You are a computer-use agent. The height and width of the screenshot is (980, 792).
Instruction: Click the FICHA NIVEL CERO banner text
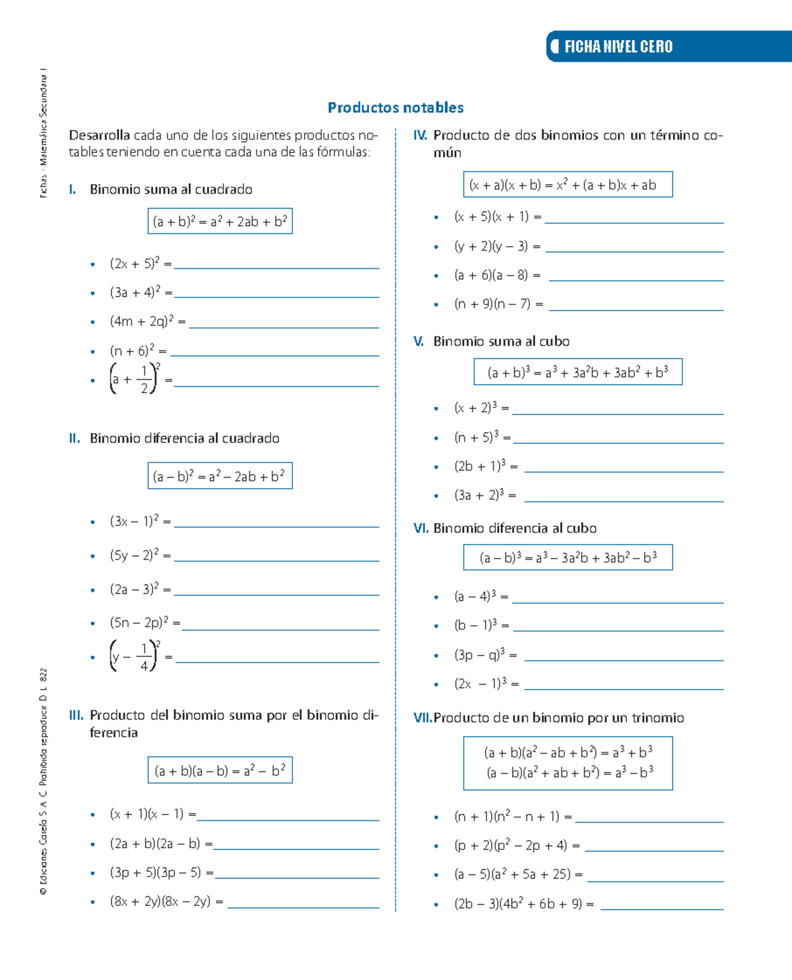(x=618, y=46)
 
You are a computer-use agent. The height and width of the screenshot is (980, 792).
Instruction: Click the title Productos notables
(x=395, y=107)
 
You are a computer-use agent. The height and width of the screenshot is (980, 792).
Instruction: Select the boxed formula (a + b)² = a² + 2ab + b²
(x=220, y=222)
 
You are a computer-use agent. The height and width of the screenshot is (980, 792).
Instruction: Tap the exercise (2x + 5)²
(x=135, y=264)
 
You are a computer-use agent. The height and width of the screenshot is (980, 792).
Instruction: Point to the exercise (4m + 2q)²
(x=141, y=322)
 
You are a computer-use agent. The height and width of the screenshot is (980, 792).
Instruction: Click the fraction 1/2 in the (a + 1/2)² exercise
(x=144, y=380)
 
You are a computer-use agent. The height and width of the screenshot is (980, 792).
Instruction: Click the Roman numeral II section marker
(x=75, y=439)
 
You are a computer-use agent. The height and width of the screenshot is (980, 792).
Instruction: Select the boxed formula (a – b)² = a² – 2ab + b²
(x=220, y=476)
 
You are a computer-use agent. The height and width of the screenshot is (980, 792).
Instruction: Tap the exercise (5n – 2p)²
(x=139, y=623)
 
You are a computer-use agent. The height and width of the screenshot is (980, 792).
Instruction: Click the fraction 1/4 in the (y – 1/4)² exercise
(x=144, y=657)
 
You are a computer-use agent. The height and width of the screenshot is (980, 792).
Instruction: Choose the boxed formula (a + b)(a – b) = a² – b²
(x=220, y=770)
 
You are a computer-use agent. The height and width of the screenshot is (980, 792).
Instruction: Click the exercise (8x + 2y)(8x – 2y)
(x=160, y=902)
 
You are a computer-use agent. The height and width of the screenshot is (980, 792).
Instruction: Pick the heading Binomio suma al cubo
(x=501, y=342)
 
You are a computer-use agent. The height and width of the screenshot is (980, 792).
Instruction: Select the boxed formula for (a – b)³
(x=568, y=558)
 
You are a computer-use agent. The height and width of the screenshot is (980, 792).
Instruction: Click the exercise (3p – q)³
(x=479, y=655)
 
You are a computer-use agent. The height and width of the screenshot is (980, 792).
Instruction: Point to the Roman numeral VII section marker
(x=422, y=718)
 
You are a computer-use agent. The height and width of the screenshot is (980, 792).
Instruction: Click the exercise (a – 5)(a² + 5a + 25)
(x=512, y=874)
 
